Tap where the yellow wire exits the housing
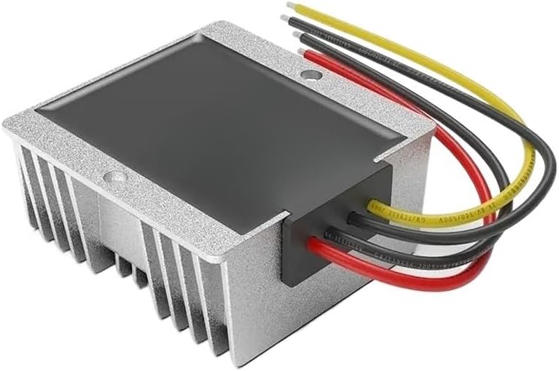pyautogui.click(x=370, y=207)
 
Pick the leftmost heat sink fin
pyautogui.click(x=22, y=175)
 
